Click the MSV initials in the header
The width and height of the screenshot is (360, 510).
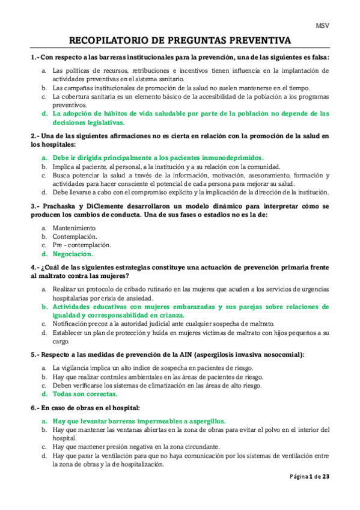tap(323, 26)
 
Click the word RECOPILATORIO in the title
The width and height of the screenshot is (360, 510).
tap(106, 40)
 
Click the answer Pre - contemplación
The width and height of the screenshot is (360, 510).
tap(81, 245)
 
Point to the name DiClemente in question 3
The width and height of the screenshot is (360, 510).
tap(101, 206)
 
